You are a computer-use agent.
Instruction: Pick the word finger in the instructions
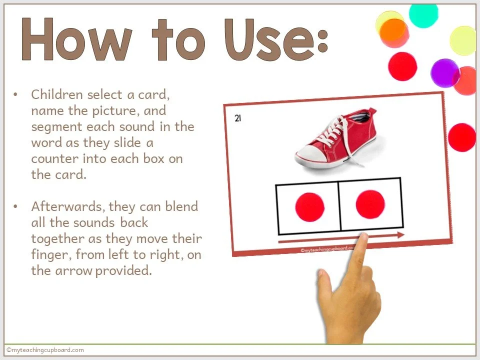(49, 255)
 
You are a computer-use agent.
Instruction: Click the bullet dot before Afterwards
(16, 206)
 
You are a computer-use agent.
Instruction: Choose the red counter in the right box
(370, 204)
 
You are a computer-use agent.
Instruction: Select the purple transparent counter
(444, 73)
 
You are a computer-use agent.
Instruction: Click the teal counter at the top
(423, 13)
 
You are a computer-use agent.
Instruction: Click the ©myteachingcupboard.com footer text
(45, 350)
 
